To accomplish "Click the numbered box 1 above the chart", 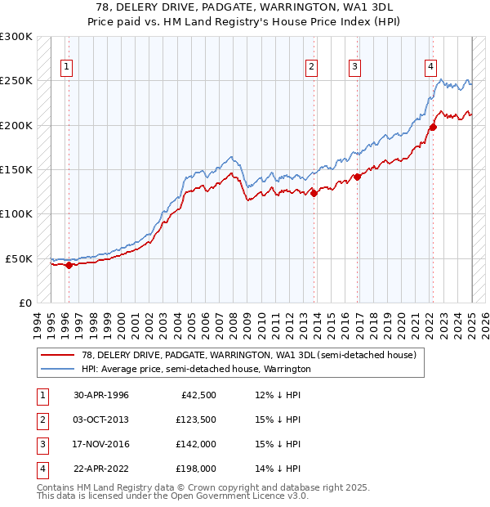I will click(66, 68).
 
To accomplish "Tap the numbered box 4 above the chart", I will click(430, 68).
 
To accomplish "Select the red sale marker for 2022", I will click(434, 127).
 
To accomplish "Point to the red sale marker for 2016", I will click(357, 176).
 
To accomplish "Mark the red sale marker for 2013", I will click(314, 193).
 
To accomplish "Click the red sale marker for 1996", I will click(69, 264).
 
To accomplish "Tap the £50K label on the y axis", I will click(20, 258).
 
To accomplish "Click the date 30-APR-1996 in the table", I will click(101, 395).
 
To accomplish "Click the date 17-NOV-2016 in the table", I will click(101, 444).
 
